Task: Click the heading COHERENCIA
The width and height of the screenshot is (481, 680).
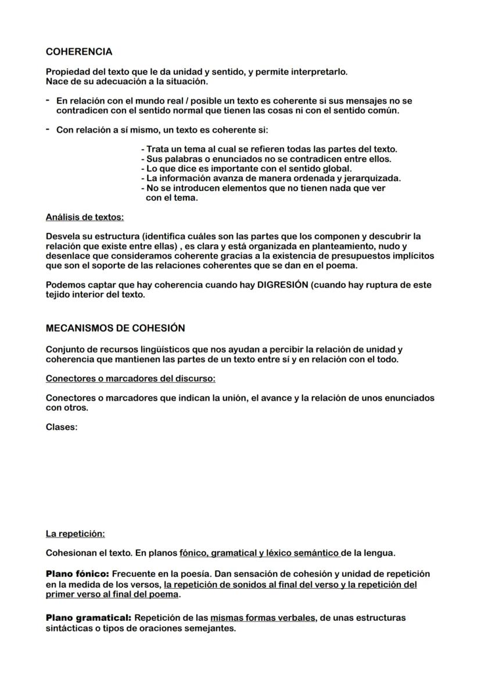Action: tap(79, 52)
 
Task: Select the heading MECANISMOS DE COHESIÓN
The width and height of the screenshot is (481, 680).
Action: tap(115, 328)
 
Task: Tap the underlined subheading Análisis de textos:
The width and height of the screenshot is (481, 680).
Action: tap(85, 218)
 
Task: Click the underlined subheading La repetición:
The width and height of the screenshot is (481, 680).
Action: tap(75, 534)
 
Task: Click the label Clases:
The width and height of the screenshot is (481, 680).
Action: tap(62, 427)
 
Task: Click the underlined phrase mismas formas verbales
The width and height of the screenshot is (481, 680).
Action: tap(263, 618)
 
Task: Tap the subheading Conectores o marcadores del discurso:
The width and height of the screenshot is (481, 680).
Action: tap(131, 379)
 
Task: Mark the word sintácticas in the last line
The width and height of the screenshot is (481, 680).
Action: tap(70, 628)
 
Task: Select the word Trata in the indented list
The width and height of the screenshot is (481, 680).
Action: tap(157, 149)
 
